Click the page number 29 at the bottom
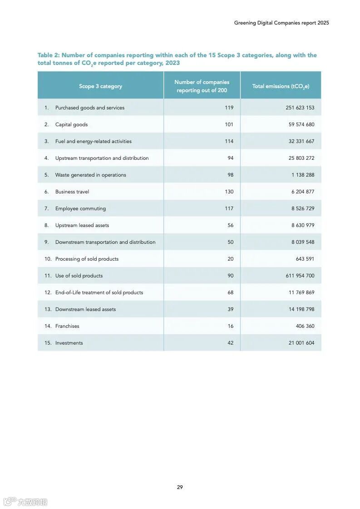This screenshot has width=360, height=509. pos(180,487)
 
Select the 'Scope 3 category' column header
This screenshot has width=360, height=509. pos(100,86)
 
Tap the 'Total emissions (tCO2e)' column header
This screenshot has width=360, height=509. pos(281,86)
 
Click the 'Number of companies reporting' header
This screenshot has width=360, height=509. pos(202,86)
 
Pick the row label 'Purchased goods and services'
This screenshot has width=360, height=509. pos(89,108)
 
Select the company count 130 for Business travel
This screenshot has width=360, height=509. pos(229,192)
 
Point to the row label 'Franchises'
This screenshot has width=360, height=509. pos(67,326)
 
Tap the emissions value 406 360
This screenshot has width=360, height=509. pos(305,326)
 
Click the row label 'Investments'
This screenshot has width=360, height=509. pos(69,343)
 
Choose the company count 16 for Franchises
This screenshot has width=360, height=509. pos(231,326)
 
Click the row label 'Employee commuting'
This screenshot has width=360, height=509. pos(80,208)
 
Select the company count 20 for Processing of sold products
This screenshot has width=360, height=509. pos(231,259)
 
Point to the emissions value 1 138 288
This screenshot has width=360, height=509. pos(303,175)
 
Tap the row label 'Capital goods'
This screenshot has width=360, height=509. pos(71,124)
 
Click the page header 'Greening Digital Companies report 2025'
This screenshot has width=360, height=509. pos(281,23)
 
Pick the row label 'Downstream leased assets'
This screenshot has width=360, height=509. pos(85,309)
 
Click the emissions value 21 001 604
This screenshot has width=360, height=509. pos(301,343)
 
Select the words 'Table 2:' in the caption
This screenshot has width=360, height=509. pos(49,55)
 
